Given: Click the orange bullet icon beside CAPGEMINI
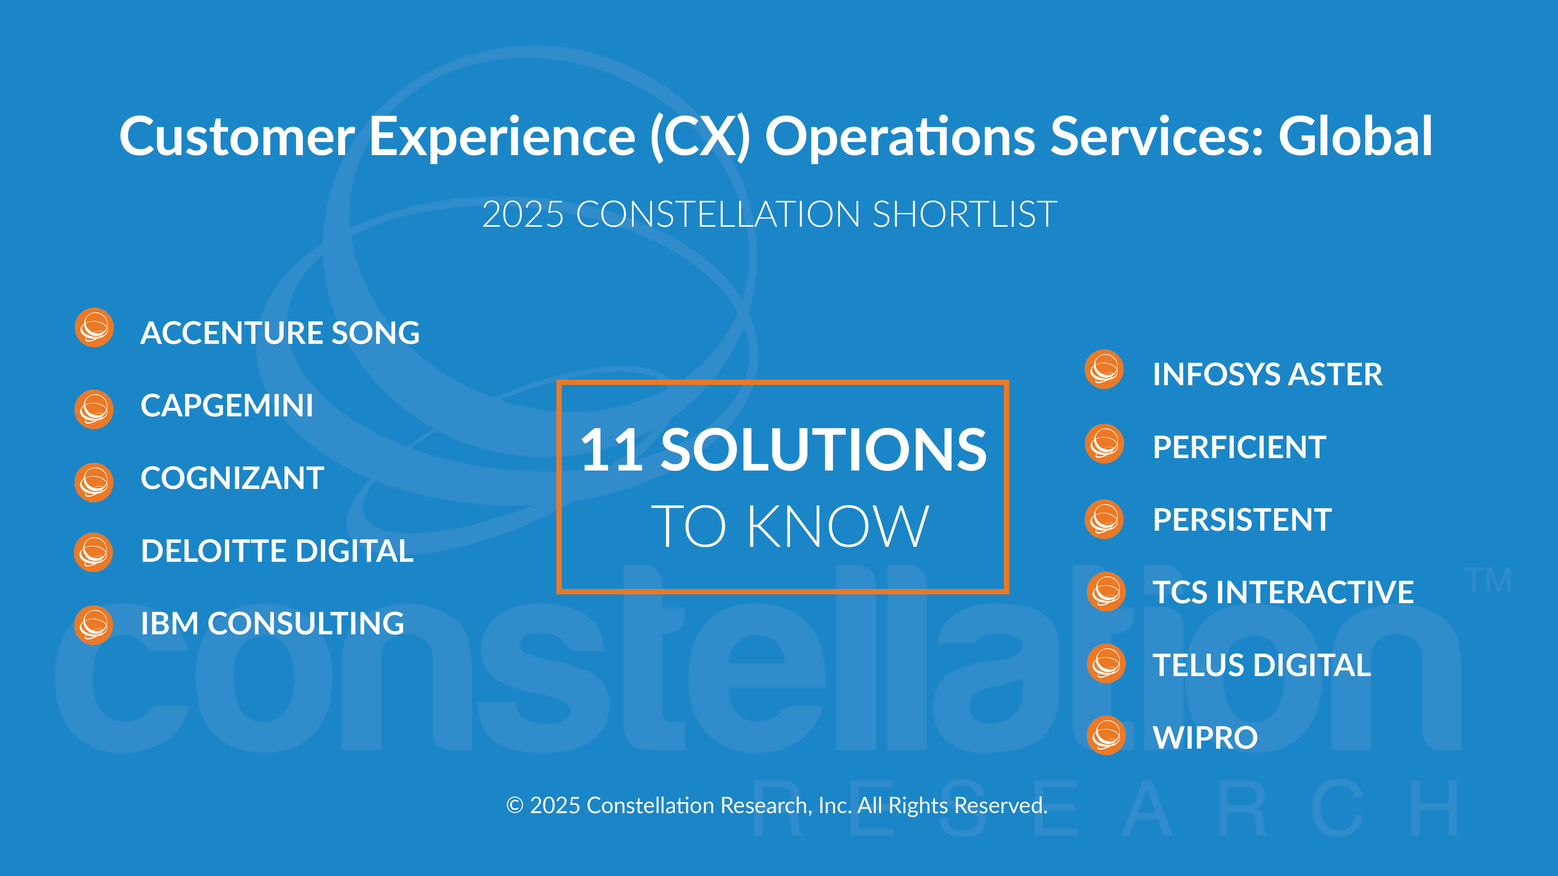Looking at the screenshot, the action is [94, 409].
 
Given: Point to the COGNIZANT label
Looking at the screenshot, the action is [232, 478].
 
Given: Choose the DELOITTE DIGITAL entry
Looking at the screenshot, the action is [277, 551].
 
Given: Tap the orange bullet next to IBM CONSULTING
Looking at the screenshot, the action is [94, 624].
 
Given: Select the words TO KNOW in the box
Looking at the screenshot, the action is [789, 526].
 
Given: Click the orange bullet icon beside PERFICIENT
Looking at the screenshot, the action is [1104, 444].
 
